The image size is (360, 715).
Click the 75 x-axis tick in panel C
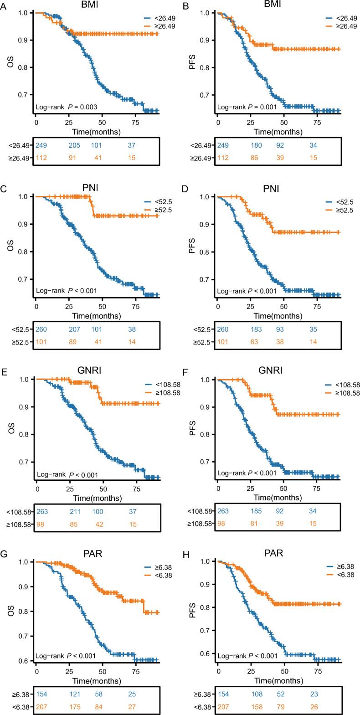click(135, 307)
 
